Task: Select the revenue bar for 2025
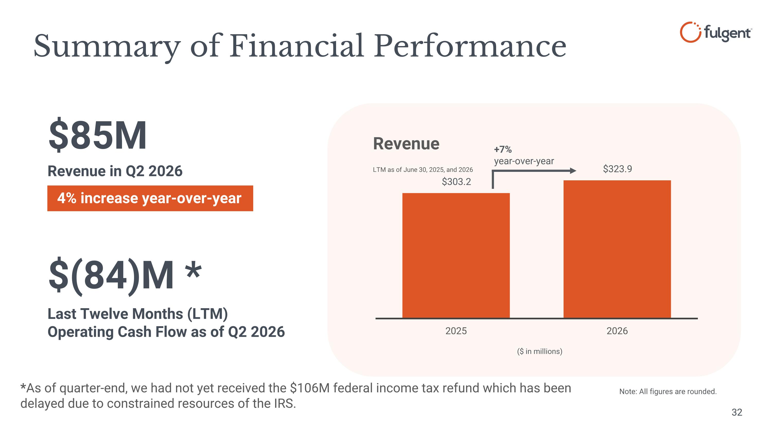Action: coord(456,255)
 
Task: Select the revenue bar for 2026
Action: coord(617,249)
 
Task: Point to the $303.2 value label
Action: coord(456,182)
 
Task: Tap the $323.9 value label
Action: coord(617,169)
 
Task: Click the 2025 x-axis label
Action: coord(456,331)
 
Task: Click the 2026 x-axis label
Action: coord(617,331)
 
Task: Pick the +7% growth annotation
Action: coord(503,149)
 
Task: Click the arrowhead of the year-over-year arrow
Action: coord(573,171)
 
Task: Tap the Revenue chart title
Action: coord(406,144)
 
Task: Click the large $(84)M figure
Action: coord(111,276)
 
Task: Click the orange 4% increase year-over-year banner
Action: coord(150,198)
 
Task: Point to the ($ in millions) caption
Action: coord(539,351)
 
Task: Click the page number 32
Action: coord(737,412)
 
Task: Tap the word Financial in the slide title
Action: coord(297,46)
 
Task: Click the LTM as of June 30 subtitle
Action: coord(423,170)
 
